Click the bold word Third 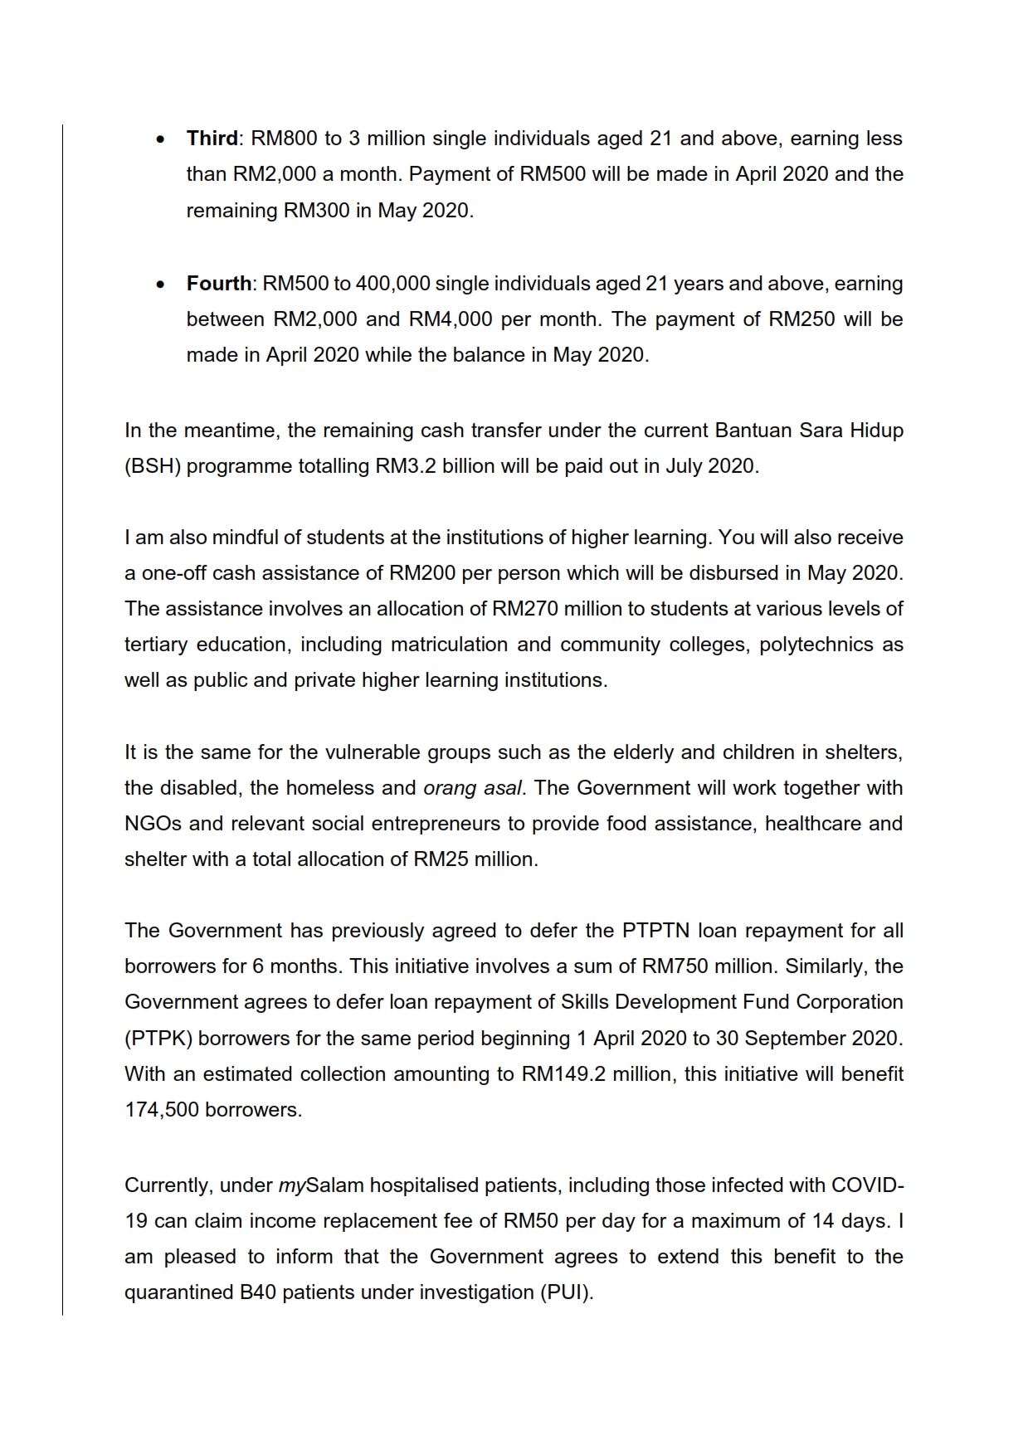[x=212, y=139]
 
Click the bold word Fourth [x=218, y=284]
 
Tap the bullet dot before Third [x=159, y=139]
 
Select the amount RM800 [x=285, y=139]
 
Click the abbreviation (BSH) [x=153, y=466]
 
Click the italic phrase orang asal [x=473, y=788]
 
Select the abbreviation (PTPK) [x=158, y=1039]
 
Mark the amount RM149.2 [x=564, y=1074]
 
